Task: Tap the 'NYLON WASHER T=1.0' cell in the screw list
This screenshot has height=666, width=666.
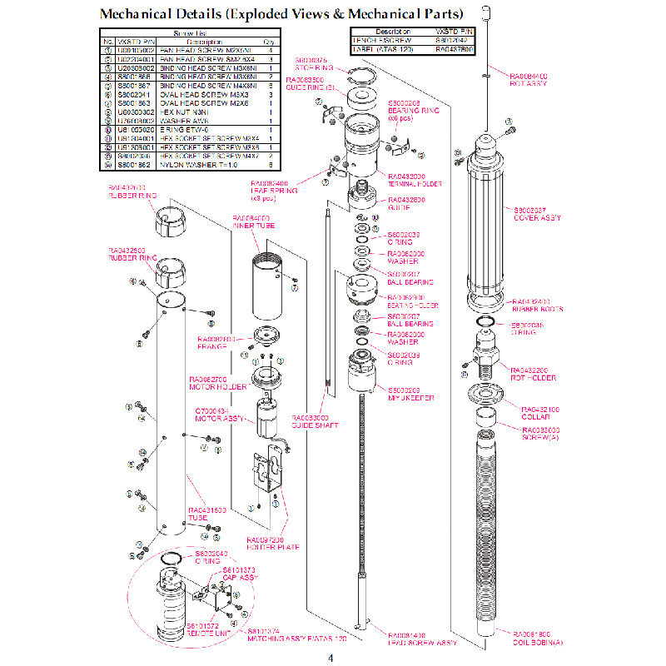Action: (x=194, y=164)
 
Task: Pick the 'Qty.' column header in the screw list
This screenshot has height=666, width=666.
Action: (x=269, y=41)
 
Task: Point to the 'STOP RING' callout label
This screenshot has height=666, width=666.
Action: (x=314, y=66)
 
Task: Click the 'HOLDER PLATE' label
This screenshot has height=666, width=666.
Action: (x=271, y=544)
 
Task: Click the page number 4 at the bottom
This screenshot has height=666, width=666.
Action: (x=331, y=659)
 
